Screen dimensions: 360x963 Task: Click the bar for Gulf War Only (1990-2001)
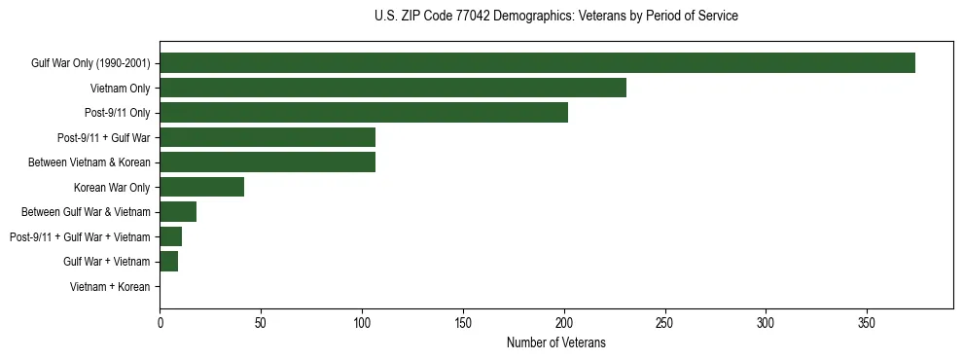point(537,63)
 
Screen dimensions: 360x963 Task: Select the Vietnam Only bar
point(393,88)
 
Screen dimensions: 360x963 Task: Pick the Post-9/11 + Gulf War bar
point(267,137)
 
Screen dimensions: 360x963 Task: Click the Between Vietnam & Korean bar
point(267,162)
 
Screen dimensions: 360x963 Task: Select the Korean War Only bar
point(201,187)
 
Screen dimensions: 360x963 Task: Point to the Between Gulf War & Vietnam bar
point(178,212)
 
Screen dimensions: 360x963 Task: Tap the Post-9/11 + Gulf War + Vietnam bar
point(170,236)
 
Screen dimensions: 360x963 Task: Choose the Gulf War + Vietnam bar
point(168,262)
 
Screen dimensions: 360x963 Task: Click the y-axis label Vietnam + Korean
point(110,287)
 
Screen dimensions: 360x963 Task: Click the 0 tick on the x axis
point(160,322)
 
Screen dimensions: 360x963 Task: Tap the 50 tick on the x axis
point(261,322)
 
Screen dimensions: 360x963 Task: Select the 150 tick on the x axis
point(463,322)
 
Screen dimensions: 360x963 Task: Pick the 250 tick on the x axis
point(664,322)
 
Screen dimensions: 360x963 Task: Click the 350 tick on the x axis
point(867,322)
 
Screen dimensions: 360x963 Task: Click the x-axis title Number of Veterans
point(556,342)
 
